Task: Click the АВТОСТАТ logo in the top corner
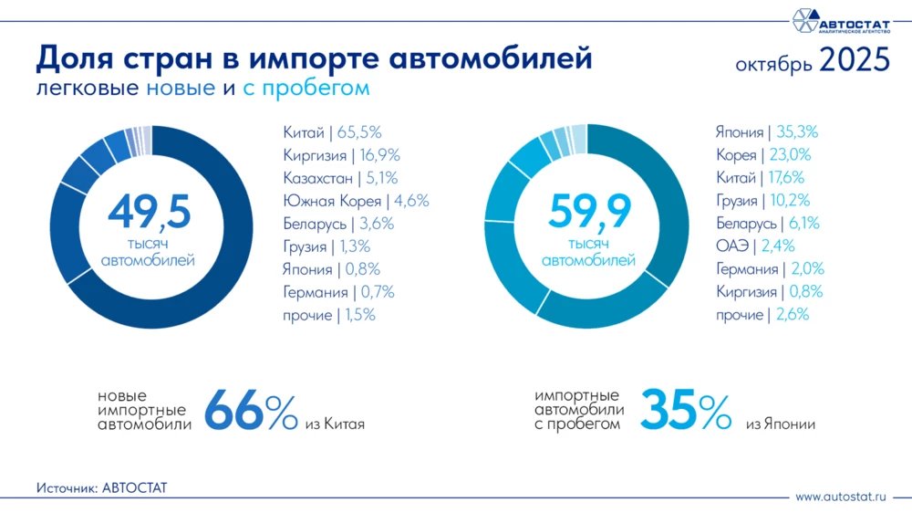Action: [x=839, y=20]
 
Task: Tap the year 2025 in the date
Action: [x=854, y=61]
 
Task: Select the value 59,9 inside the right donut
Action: [x=589, y=213]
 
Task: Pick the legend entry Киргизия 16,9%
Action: [x=341, y=155]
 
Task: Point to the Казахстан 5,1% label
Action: [x=340, y=178]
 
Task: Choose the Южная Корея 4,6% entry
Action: [x=356, y=201]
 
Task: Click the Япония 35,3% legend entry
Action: [x=767, y=132]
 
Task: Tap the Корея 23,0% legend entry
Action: [x=763, y=155]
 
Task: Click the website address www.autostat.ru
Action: [x=840, y=497]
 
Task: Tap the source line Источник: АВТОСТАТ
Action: [x=102, y=488]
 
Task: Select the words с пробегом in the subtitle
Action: [x=306, y=89]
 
